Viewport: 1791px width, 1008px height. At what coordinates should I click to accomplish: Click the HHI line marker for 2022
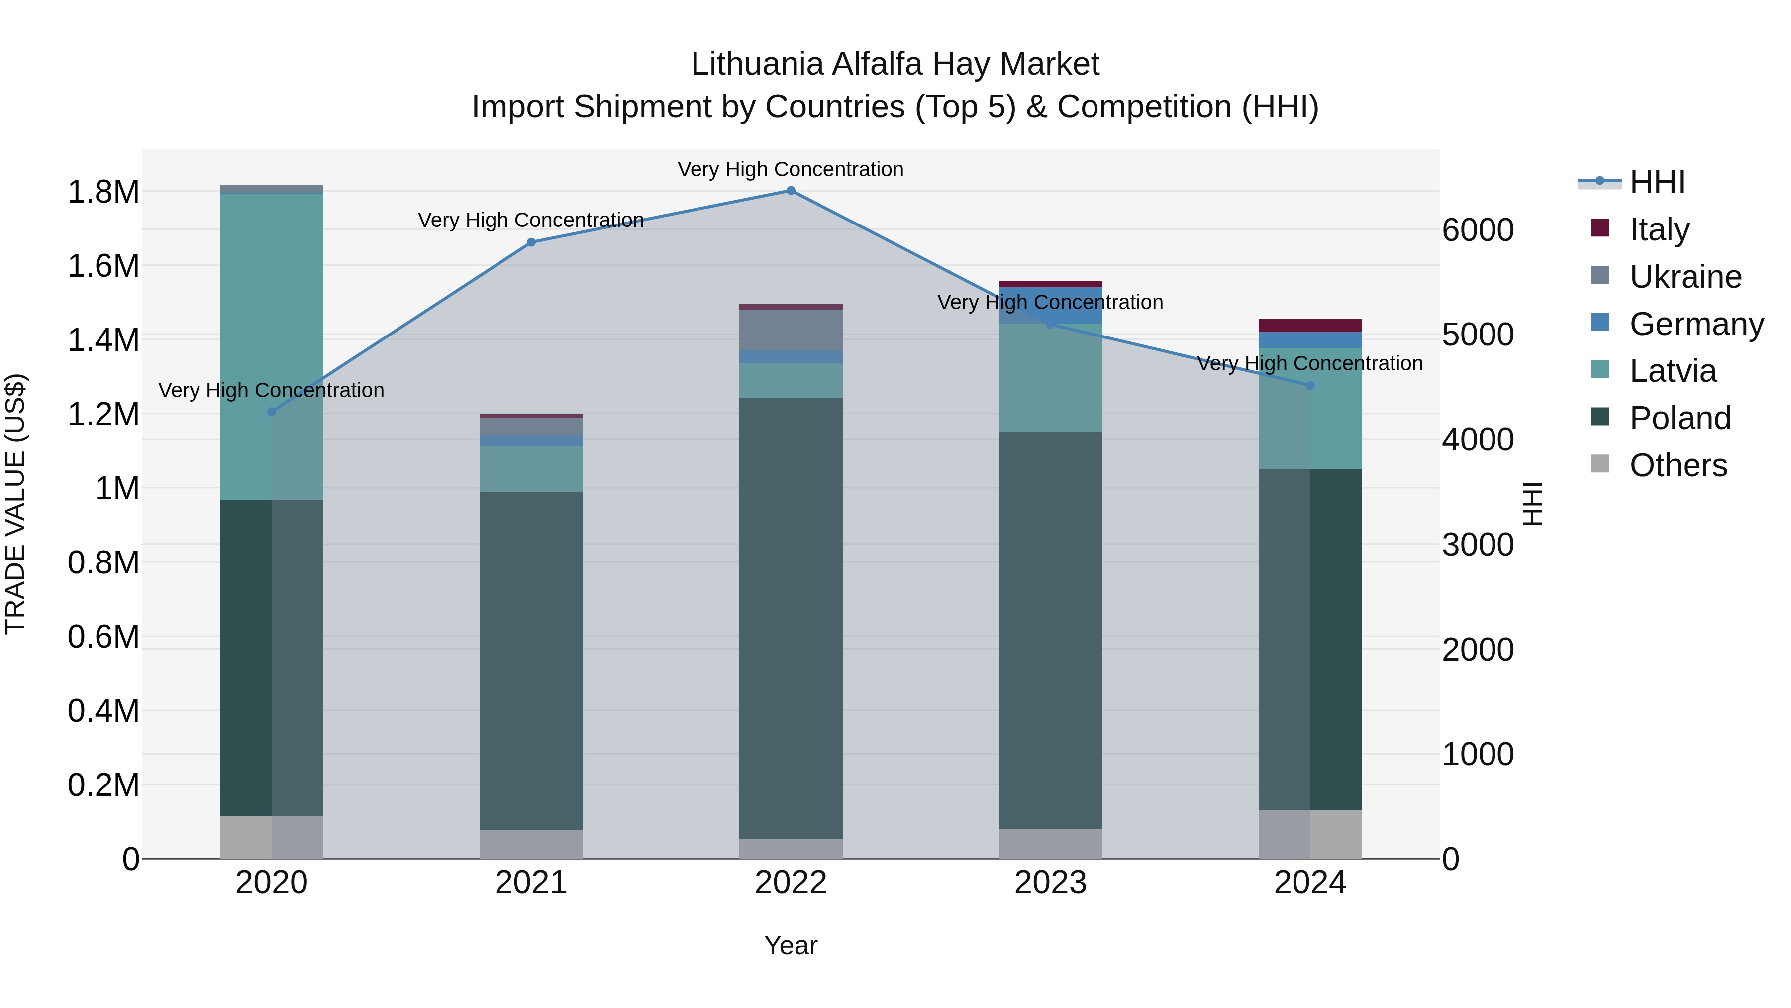point(791,191)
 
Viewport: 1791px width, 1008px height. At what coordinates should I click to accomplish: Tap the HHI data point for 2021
point(531,242)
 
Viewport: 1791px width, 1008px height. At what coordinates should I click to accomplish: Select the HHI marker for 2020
point(272,412)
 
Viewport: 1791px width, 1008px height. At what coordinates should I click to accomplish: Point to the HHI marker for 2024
point(1310,385)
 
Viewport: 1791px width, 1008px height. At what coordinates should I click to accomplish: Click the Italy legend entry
point(1659,229)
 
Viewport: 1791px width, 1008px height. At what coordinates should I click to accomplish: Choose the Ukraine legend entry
point(1686,277)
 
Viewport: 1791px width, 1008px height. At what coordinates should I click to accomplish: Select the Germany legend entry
point(1696,324)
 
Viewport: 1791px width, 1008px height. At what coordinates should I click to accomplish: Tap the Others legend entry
point(1678,465)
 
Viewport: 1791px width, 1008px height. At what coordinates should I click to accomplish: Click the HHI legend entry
point(1657,182)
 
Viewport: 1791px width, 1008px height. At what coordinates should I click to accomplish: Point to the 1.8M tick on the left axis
point(103,192)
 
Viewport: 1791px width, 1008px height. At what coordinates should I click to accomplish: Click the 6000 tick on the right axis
point(1478,230)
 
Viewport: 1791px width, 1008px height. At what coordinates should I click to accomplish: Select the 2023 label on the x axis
point(1050,883)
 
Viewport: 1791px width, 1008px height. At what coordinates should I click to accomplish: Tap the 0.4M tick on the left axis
point(103,711)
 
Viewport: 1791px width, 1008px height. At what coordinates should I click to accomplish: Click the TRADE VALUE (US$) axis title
point(16,504)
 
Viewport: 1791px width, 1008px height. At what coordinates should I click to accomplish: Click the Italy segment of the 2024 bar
point(1310,326)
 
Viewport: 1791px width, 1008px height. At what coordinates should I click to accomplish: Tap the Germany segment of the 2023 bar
point(1050,305)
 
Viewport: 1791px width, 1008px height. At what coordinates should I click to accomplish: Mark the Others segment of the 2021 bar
point(531,844)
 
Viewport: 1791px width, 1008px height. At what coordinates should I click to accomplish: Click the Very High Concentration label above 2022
point(791,169)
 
